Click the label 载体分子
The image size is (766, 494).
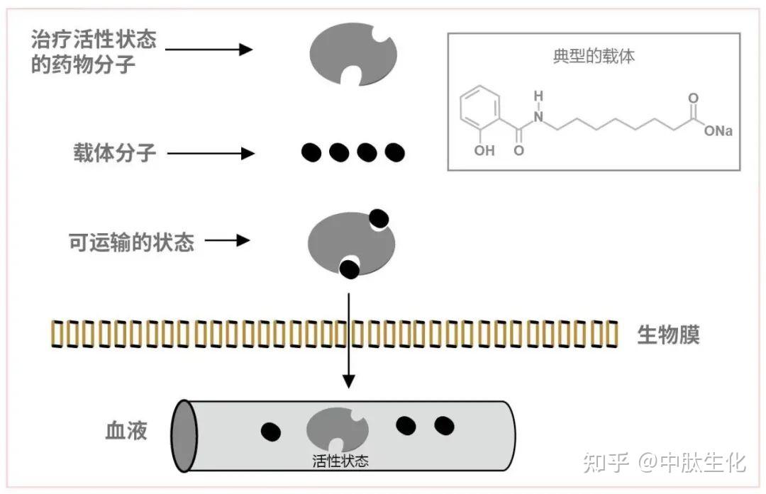[x=114, y=152]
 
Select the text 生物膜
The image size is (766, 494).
[x=668, y=335]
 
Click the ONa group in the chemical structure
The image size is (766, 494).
[x=718, y=131]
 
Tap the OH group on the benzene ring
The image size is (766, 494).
[x=484, y=150]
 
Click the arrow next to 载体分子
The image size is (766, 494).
[x=210, y=152]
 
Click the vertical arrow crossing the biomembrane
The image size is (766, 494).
[x=348, y=333]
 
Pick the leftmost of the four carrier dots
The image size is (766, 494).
[x=311, y=152]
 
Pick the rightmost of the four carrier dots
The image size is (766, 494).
[x=394, y=152]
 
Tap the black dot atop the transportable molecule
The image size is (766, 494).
[x=379, y=219]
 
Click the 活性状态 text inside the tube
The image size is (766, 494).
[x=340, y=461]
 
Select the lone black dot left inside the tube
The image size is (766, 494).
[x=270, y=431]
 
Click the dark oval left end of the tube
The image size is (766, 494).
[x=185, y=434]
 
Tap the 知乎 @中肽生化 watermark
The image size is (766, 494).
[x=664, y=463]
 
